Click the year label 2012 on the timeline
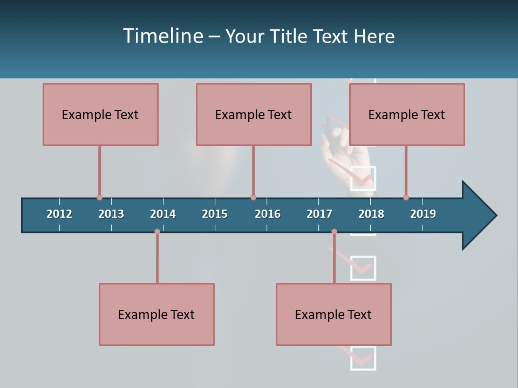(x=59, y=214)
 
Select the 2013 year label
(x=111, y=214)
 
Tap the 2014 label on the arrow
(x=163, y=214)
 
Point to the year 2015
(x=215, y=214)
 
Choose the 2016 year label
(x=268, y=214)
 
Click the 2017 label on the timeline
(x=319, y=214)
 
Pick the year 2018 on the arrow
(x=371, y=214)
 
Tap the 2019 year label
(x=423, y=214)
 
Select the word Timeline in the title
(x=162, y=36)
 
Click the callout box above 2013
(x=100, y=114)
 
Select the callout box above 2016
(x=254, y=114)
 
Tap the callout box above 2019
(x=407, y=114)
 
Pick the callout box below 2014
(x=156, y=314)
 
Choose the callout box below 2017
(x=333, y=314)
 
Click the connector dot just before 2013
(x=99, y=198)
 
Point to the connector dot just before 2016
(x=253, y=198)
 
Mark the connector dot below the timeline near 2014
(x=157, y=232)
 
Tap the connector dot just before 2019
(x=406, y=198)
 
